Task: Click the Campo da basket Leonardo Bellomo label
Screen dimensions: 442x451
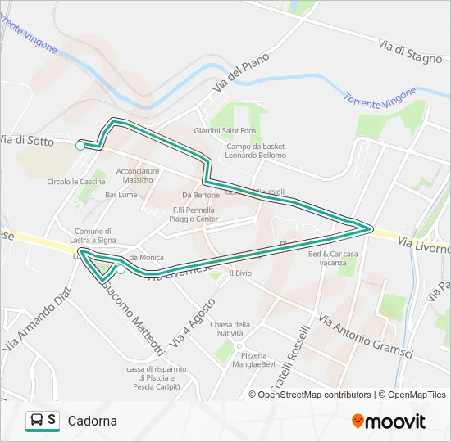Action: [256, 151]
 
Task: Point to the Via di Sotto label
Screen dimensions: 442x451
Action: [27, 142]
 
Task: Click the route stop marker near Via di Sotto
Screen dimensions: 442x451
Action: [80, 146]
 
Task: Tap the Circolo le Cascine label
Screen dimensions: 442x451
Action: [75, 182]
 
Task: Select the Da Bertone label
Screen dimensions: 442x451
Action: [201, 195]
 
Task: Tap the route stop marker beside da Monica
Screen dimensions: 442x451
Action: [121, 269]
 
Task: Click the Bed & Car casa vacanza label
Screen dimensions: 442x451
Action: [333, 258]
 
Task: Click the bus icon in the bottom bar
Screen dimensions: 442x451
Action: [37, 420]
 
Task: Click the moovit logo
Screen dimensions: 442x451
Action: [389, 422]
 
